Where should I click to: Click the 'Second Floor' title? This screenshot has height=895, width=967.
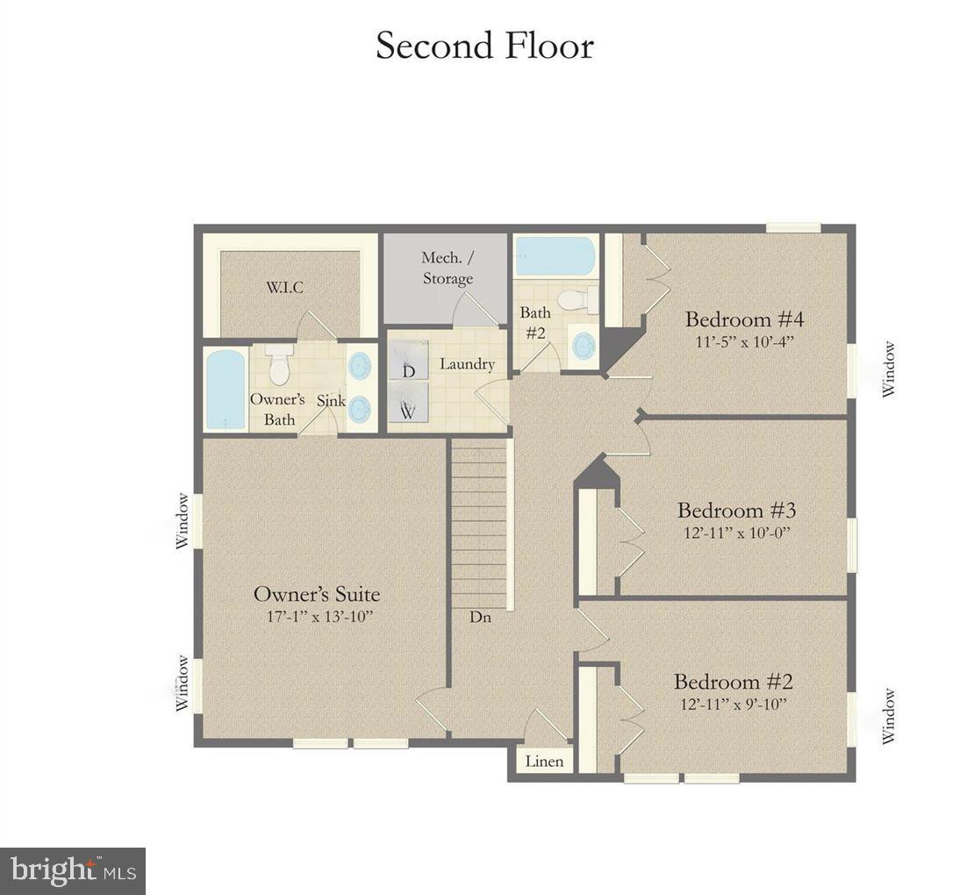[484, 46]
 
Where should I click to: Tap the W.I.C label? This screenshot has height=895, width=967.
[286, 287]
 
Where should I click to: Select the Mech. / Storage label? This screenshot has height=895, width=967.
[447, 268]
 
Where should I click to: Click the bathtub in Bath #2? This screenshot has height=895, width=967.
[555, 255]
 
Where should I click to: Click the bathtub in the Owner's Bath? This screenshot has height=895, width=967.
[226, 390]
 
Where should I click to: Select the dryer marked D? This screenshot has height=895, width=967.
[408, 361]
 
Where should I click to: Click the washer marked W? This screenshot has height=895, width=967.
[408, 403]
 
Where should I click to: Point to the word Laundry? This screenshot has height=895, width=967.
[467, 364]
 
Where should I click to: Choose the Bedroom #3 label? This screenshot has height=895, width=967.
[735, 510]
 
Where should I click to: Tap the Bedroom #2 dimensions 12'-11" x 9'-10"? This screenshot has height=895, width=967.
[734, 704]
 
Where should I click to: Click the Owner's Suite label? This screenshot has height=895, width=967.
[316, 594]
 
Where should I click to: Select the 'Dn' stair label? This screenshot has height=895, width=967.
[480, 617]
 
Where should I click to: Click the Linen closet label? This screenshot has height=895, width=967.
[544, 762]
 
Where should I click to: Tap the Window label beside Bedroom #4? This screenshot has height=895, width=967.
[890, 369]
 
